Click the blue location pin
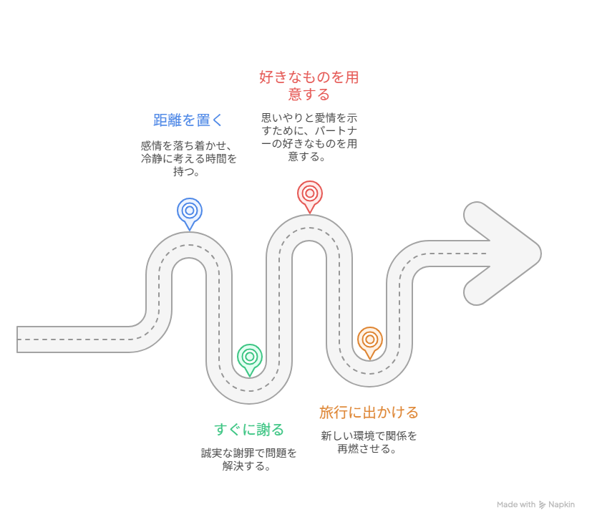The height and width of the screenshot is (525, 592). tap(190, 211)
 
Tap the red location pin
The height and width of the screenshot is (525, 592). tap(309, 194)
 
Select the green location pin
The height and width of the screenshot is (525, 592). tap(250, 357)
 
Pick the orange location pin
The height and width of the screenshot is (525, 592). tap(370, 340)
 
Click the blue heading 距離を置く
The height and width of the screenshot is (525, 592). tap(188, 120)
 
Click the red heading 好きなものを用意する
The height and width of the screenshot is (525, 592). tap(309, 86)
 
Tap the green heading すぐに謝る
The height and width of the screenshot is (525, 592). tap(249, 430)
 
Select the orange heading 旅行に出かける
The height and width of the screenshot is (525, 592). tap(369, 413)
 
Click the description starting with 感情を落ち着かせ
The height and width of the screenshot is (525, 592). tap(188, 158)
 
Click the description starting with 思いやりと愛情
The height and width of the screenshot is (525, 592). tap(309, 137)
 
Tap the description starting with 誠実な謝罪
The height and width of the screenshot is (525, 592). tap(249, 459)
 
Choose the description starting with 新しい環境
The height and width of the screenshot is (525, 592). tap(369, 443)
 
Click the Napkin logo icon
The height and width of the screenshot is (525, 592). tap(542, 505)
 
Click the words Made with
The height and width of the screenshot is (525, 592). tap(516, 505)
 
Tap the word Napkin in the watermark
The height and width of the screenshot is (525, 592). tap(561, 505)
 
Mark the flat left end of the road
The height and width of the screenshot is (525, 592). tap(17, 339)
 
